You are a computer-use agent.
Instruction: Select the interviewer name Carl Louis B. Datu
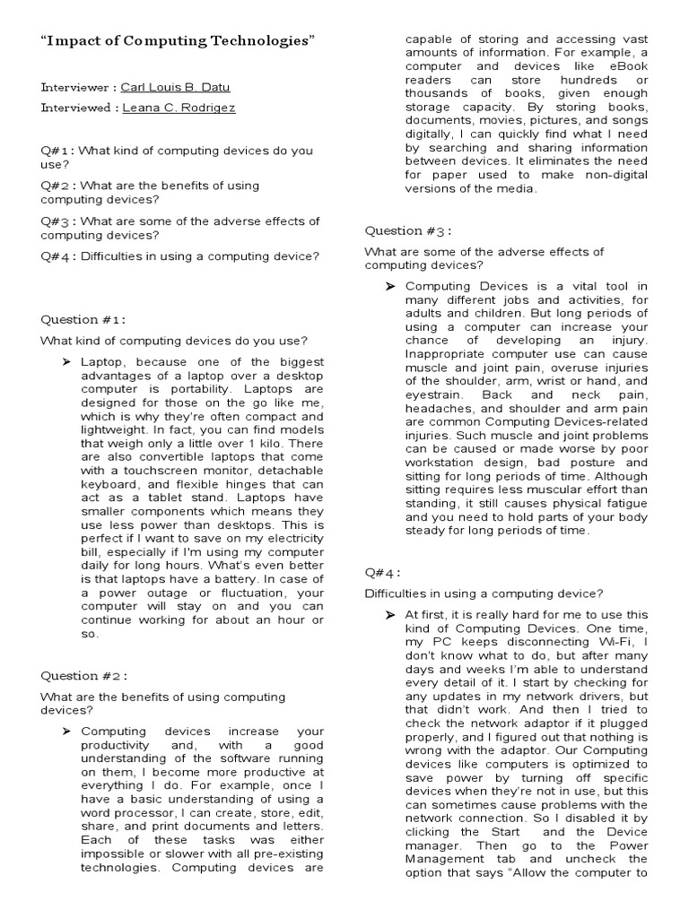pyautogui.click(x=170, y=89)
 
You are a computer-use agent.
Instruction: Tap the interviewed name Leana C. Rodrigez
pyautogui.click(x=179, y=108)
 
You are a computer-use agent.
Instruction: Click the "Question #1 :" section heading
pyautogui.click(x=83, y=319)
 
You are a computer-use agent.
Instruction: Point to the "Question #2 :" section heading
pyautogui.click(x=83, y=676)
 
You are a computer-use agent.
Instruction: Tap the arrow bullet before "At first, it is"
pyautogui.click(x=390, y=615)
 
